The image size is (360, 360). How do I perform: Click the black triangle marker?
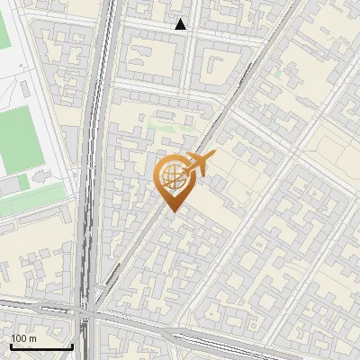tap(181, 25)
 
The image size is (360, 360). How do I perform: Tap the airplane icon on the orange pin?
tap(198, 164)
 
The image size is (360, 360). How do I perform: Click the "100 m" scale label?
tap(23, 337)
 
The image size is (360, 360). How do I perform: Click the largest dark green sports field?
tap(18, 139)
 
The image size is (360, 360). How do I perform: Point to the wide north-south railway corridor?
tap(90, 180)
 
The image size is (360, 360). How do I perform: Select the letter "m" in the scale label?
tap(31, 337)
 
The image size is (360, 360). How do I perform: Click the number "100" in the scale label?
tap(19, 337)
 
